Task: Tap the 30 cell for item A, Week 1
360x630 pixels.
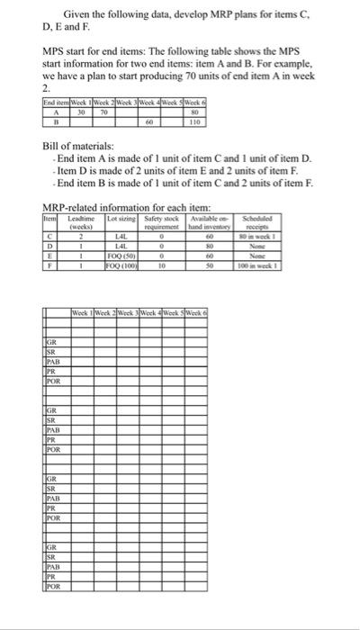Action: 80,112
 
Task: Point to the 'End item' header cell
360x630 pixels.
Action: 56,103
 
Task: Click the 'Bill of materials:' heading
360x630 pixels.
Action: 78,145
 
